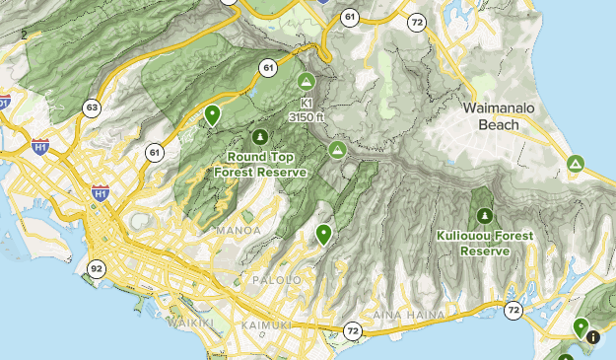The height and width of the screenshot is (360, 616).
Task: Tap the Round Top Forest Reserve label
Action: click(260, 164)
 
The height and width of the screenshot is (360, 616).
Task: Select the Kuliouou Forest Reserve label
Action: click(484, 243)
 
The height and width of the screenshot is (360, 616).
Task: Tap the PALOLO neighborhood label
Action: click(281, 280)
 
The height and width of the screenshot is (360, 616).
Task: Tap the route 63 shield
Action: click(92, 108)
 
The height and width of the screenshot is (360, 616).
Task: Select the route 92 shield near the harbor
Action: click(96, 267)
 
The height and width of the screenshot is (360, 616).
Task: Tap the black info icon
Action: click(592, 337)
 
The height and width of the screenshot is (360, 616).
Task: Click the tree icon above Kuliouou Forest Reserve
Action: click(484, 215)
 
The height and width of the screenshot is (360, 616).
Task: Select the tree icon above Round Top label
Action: click(260, 137)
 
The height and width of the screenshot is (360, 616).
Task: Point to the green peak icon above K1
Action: click(306, 81)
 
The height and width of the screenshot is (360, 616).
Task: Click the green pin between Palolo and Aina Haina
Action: click(323, 234)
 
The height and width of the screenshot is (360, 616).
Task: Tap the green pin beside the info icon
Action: click(582, 326)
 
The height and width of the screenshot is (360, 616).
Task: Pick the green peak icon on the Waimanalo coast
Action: click(575, 164)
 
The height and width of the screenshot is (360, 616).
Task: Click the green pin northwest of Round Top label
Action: click(211, 115)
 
